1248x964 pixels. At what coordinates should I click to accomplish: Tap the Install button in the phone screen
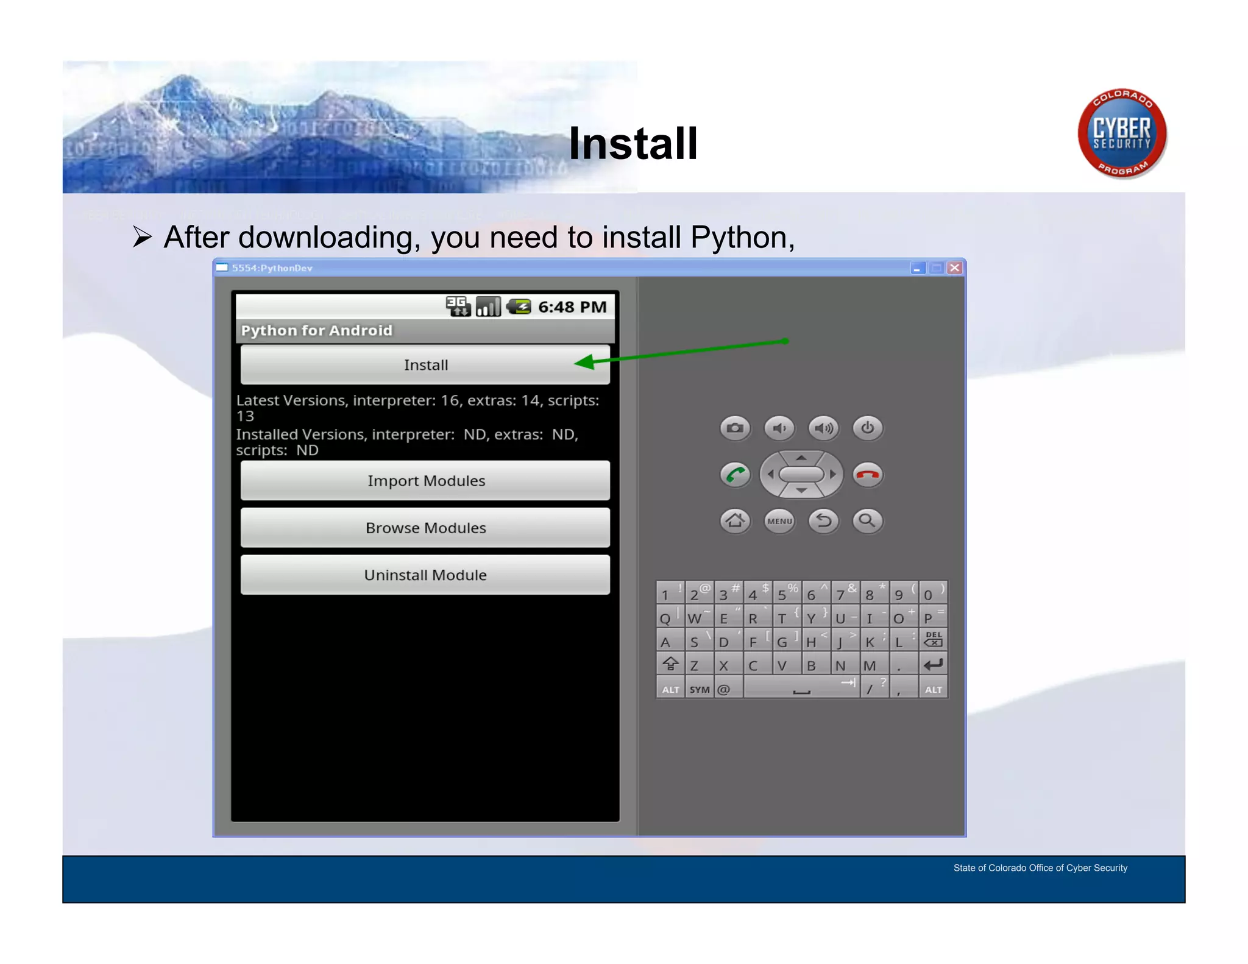pyautogui.click(x=425, y=364)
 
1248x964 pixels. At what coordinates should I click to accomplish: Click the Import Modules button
pyautogui.click(x=425, y=481)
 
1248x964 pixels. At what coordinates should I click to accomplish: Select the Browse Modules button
pyautogui.click(x=425, y=528)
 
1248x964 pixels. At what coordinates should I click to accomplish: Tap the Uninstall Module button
pyautogui.click(x=425, y=575)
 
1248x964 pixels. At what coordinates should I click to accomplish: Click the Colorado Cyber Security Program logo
pyautogui.click(x=1122, y=133)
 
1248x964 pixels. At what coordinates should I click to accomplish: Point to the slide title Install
pyautogui.click(x=633, y=144)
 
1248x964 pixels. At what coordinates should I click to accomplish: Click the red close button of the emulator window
pyautogui.click(x=955, y=268)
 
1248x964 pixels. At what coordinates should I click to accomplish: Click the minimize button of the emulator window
pyautogui.click(x=917, y=268)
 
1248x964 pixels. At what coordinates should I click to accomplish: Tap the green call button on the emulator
pyautogui.click(x=735, y=475)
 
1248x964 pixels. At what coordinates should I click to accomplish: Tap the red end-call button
pyautogui.click(x=867, y=475)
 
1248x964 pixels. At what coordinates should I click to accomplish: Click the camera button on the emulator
pyautogui.click(x=735, y=428)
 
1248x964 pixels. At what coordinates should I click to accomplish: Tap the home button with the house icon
pyautogui.click(x=735, y=521)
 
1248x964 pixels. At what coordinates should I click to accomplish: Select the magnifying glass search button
pyautogui.click(x=867, y=521)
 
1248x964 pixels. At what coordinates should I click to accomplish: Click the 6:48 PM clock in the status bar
pyautogui.click(x=572, y=307)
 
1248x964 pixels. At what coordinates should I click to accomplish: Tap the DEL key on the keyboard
pyautogui.click(x=933, y=639)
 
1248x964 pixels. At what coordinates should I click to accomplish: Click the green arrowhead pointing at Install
pyautogui.click(x=585, y=363)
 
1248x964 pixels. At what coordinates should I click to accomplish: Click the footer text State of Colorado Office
pyautogui.click(x=1040, y=868)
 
